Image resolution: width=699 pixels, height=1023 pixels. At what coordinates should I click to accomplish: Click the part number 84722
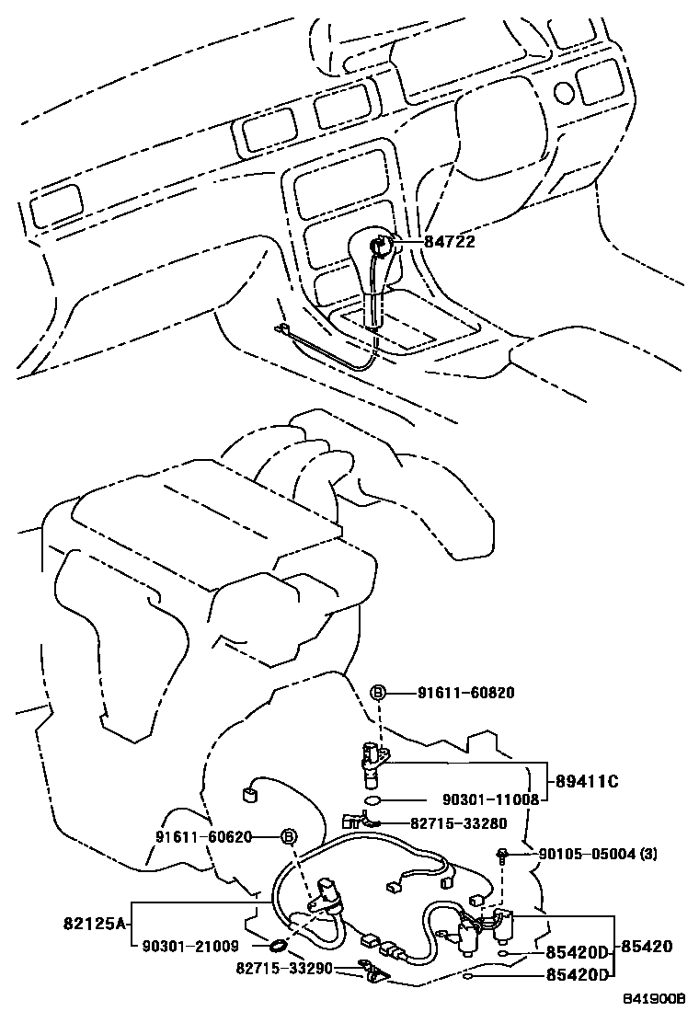pos(450,242)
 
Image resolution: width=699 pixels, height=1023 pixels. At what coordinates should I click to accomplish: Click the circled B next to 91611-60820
pos(377,693)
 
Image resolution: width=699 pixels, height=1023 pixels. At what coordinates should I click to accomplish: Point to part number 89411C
pos(586,782)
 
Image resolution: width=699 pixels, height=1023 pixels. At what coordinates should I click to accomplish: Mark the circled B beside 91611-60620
pos(287,836)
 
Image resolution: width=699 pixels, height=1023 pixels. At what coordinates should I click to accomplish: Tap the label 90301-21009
pos(190,945)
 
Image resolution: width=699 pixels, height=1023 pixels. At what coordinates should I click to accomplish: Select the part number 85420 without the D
pos(647,946)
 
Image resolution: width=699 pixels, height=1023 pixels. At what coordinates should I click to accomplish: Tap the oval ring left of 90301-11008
pos(372,800)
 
